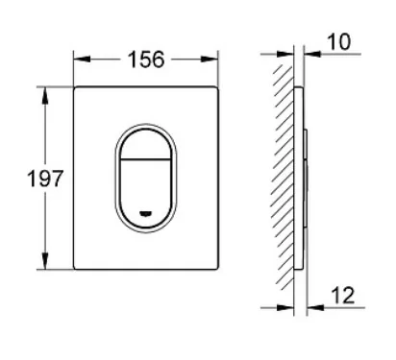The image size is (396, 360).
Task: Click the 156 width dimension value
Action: tap(146, 60)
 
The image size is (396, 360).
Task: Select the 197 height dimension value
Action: tap(45, 179)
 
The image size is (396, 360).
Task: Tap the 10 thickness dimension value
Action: tap(338, 42)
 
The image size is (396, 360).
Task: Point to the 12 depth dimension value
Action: tap(343, 295)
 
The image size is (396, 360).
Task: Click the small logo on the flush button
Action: tap(145, 212)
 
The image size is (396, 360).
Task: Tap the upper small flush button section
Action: tap(145, 144)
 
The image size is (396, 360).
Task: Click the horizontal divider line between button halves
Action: tap(145, 159)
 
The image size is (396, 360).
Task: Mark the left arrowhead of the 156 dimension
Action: tap(82, 60)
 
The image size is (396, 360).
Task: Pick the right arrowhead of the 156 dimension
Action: tap(210, 60)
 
